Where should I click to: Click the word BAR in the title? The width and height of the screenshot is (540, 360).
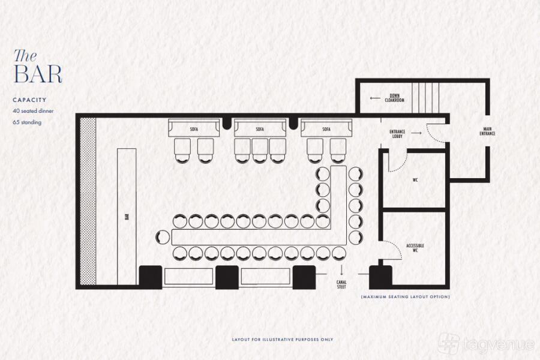[x=38, y=74]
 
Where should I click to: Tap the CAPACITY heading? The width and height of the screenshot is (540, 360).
[x=29, y=100]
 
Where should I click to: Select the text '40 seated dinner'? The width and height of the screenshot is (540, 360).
[x=33, y=111]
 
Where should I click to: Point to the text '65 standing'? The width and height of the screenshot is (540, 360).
[x=27, y=122]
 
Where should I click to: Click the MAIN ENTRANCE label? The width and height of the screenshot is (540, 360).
[x=487, y=131]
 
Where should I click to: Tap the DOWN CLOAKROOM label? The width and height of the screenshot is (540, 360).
[x=395, y=98]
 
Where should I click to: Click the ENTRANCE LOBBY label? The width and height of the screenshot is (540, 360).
[x=397, y=134]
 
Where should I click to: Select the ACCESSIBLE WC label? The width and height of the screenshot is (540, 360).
[x=415, y=248]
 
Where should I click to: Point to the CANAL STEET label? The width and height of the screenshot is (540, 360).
[x=341, y=284]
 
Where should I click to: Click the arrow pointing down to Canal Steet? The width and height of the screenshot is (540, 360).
[x=341, y=270]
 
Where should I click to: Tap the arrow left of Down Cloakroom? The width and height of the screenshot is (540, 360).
[x=375, y=98]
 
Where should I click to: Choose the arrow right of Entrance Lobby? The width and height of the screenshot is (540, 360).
[x=416, y=133]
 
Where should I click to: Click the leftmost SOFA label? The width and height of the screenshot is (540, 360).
[x=194, y=129]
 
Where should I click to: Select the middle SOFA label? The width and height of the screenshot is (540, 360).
[x=260, y=129]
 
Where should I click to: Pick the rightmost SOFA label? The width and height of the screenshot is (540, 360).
[x=326, y=129]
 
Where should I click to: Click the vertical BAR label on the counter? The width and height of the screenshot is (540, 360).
[x=127, y=217]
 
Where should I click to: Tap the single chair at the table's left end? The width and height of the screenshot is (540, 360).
[x=163, y=237]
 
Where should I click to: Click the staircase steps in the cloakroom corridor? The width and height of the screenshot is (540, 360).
[x=425, y=98]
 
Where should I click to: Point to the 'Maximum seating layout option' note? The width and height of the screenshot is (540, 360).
[x=406, y=296]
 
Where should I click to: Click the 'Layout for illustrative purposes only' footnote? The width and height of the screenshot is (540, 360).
[x=283, y=340]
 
